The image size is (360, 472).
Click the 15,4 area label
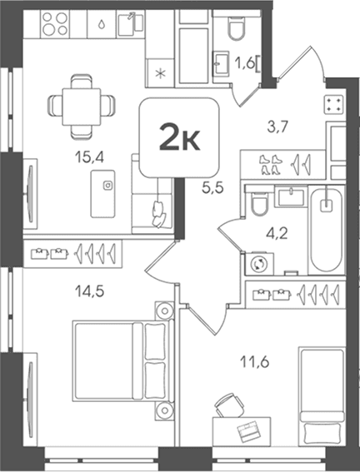[89, 157]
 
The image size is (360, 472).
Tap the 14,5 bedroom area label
[89, 291]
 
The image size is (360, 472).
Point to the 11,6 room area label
[255, 362]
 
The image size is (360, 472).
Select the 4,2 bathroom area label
[277, 233]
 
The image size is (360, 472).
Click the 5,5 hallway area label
[212, 188]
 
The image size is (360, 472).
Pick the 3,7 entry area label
[278, 127]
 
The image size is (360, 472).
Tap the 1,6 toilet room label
[245, 63]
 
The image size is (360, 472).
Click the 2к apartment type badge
[179, 137]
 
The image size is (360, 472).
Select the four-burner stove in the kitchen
[54, 23]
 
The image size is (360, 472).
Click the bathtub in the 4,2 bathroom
[327, 230]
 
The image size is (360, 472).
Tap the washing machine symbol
[259, 264]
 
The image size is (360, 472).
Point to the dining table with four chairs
[82, 107]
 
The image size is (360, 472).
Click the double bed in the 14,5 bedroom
[122, 361]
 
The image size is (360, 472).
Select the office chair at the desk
[228, 405]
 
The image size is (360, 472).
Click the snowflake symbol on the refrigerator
[160, 73]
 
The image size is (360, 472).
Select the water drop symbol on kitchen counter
[102, 24]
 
